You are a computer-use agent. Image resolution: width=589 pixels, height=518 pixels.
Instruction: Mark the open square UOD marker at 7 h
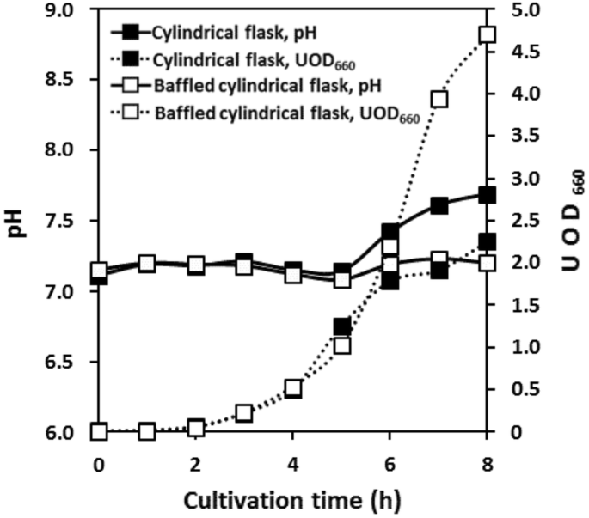pos(439,99)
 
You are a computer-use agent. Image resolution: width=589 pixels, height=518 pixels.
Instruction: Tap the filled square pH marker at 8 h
pos(488,195)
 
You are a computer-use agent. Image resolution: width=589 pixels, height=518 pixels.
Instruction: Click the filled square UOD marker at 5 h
pos(341,326)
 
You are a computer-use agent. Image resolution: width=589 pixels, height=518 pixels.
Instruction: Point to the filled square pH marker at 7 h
pos(439,206)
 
